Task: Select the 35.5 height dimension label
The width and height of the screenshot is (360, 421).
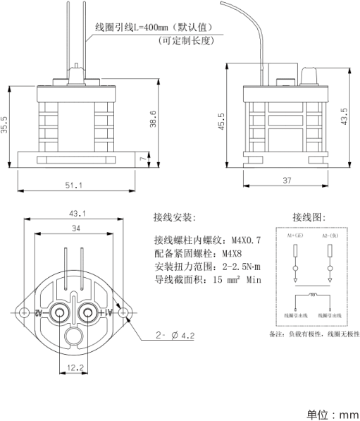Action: pos(6,126)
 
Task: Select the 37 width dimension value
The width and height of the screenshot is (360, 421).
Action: pos(287,181)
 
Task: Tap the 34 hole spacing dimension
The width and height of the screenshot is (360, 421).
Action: pos(75,228)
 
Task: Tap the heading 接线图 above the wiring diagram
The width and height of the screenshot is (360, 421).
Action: pos(309,216)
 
